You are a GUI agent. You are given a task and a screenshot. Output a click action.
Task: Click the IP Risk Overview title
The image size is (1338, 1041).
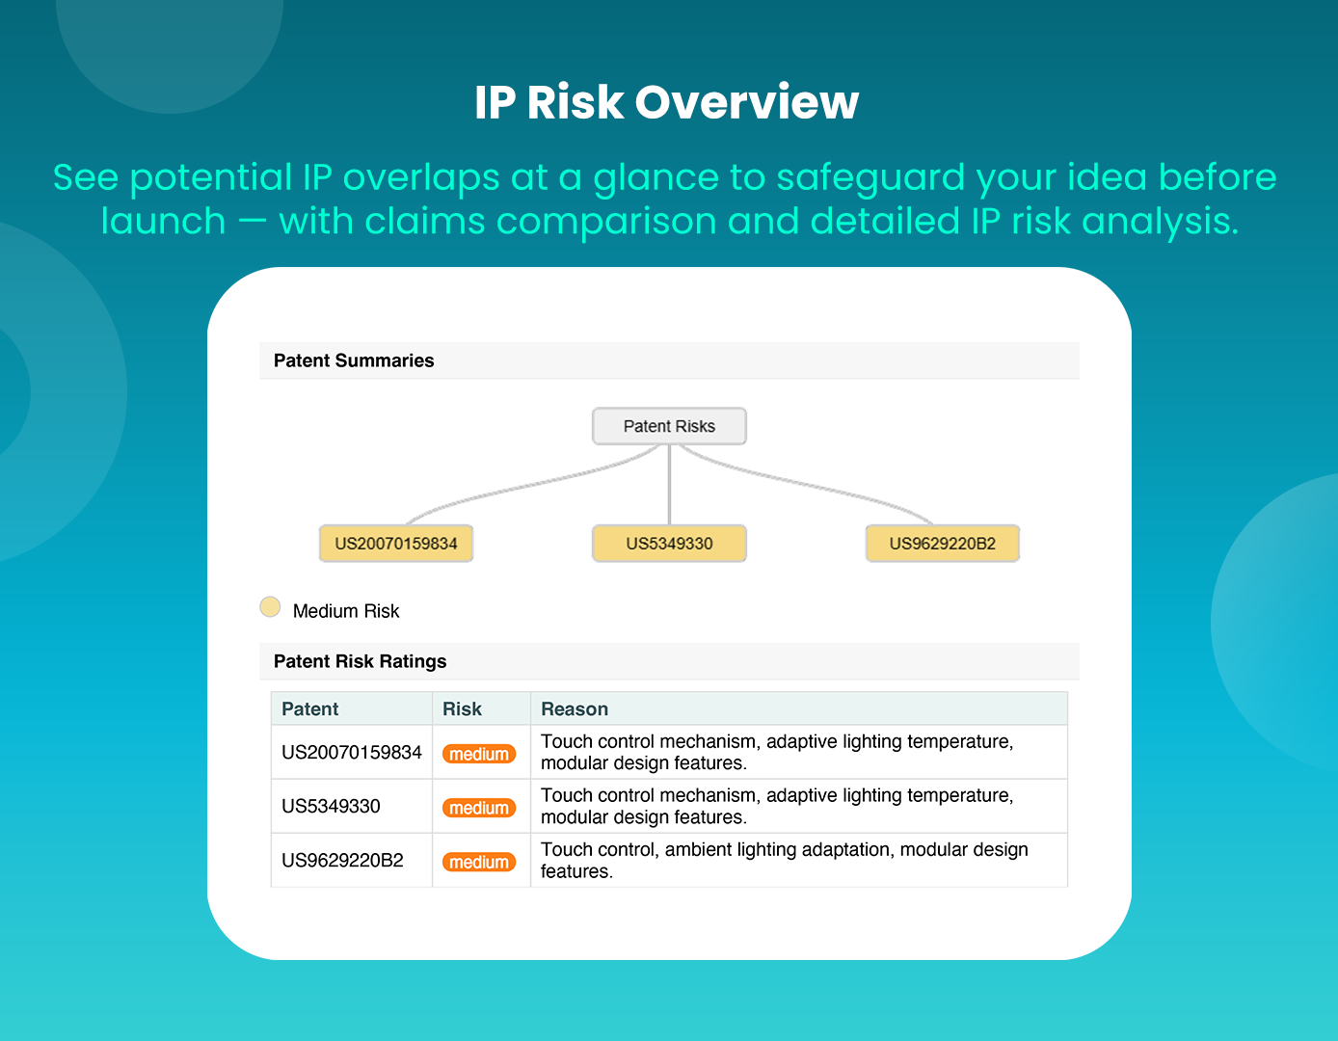(666, 101)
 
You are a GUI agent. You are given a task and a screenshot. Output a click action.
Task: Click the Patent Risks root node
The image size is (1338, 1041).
(669, 426)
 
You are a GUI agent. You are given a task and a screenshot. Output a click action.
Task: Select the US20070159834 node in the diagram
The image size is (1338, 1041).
(396, 544)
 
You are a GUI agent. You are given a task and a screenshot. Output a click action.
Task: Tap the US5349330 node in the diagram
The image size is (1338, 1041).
(669, 544)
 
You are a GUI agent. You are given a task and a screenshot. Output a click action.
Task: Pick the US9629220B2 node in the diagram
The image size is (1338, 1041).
(943, 544)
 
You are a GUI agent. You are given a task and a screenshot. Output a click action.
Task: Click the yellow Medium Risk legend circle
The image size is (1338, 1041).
(270, 607)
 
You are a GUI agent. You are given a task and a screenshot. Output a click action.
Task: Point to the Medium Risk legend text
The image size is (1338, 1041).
(346, 611)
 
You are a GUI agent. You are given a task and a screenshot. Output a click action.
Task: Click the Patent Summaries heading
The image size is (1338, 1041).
(354, 360)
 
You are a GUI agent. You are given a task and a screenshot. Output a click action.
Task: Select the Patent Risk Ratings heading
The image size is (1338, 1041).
(361, 661)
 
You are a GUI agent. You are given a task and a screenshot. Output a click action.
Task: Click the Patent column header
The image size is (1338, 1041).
(309, 709)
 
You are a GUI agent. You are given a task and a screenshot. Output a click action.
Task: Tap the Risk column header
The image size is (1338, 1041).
(462, 709)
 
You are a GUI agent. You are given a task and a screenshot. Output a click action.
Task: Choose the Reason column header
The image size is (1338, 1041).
(575, 709)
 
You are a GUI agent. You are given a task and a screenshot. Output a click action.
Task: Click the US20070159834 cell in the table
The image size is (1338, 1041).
(352, 752)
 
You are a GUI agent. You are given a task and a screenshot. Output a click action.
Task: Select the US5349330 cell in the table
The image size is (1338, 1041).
(331, 807)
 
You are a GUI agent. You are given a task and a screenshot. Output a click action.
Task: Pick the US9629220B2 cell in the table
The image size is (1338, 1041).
(342, 861)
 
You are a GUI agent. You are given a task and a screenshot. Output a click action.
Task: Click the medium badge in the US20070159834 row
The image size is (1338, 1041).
(479, 754)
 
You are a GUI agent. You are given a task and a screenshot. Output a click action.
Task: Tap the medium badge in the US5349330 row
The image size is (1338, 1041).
(479, 808)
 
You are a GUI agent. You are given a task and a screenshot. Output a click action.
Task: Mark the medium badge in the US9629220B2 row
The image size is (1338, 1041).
(479, 862)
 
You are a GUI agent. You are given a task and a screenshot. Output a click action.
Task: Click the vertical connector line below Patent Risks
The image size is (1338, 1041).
(669, 485)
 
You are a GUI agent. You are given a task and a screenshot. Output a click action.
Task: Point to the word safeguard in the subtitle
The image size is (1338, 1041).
(870, 178)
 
